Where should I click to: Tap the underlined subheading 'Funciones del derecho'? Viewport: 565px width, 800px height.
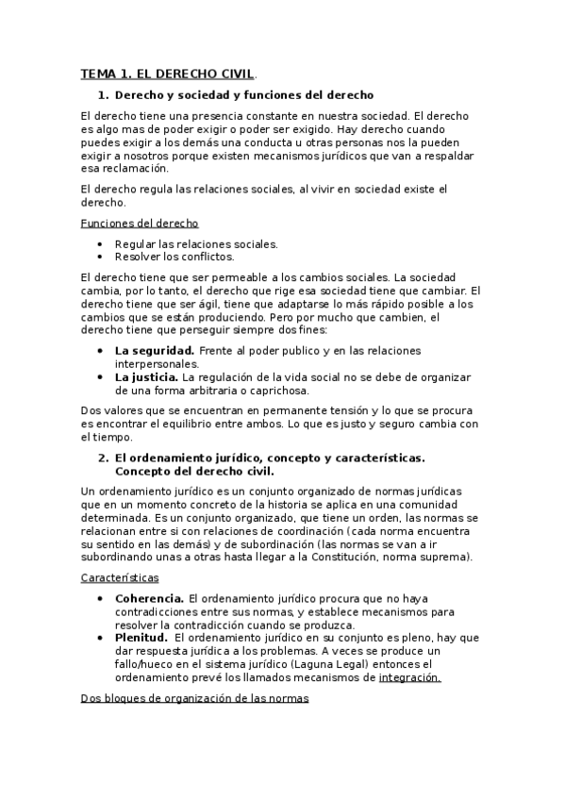140,223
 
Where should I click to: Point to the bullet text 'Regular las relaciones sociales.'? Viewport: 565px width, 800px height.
196,243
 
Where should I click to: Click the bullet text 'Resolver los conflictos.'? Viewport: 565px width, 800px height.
174,256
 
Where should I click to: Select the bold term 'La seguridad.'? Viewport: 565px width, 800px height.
155,351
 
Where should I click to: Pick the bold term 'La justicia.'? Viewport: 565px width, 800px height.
147,377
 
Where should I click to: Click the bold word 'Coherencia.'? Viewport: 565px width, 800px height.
149,598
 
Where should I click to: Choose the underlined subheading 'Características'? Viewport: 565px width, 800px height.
120,577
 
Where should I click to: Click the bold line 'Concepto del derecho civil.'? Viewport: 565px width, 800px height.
194,471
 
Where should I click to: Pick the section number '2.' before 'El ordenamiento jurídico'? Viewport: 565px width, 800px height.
105,458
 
